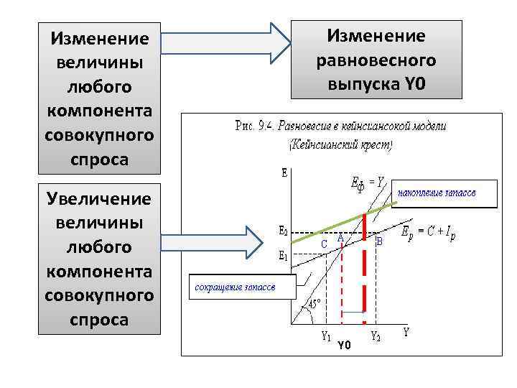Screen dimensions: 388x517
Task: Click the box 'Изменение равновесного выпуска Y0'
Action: pos(376,60)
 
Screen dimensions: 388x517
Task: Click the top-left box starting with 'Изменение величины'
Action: pos(99,98)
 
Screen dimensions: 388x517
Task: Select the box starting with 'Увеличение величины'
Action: pos(99,259)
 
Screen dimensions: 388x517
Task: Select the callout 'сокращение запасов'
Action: pos(233,287)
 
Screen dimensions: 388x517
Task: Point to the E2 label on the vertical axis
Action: pos(284,232)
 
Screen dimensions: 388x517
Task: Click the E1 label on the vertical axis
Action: pos(284,254)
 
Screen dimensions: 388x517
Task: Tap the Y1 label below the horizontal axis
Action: pos(325,336)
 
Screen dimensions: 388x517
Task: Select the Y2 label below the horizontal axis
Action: pos(375,336)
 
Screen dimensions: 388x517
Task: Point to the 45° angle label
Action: pos(315,304)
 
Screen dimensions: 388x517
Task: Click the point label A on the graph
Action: pos(340,239)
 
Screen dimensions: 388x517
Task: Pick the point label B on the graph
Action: pos(380,242)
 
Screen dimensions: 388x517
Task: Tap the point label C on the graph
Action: pos(324,244)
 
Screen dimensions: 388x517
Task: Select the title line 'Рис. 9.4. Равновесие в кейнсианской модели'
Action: pos(340,126)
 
